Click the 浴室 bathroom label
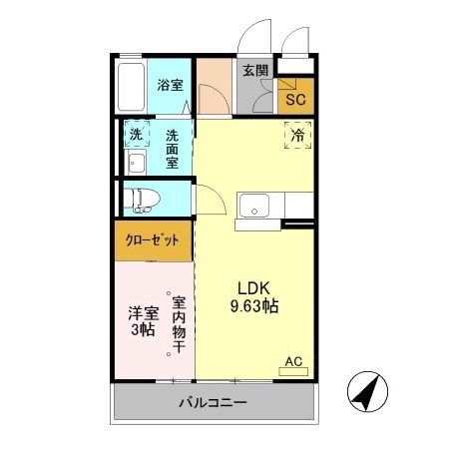coord(170,85)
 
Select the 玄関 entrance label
coord(254,70)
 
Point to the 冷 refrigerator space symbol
coord(298,135)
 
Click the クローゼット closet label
coord(153,239)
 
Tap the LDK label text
coord(250,285)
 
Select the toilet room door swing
coord(207,200)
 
